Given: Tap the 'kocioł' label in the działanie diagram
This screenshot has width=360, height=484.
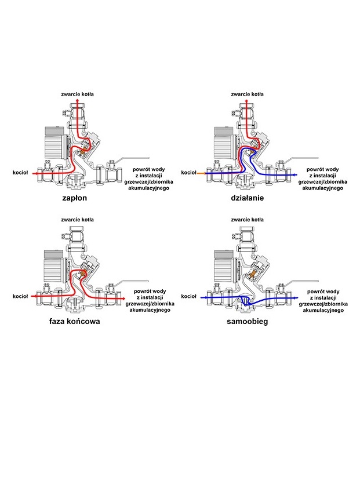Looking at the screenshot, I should (x=189, y=172).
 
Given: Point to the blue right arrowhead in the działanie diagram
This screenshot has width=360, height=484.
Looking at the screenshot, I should (x=291, y=173).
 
